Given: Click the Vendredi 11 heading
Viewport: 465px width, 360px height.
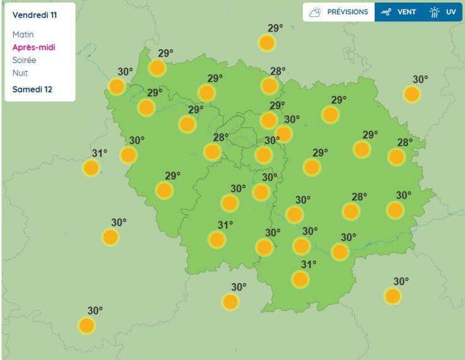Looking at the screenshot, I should point(35,15).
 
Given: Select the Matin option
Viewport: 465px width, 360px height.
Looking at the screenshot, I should point(23,35).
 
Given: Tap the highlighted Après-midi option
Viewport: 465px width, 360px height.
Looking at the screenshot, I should point(33,47).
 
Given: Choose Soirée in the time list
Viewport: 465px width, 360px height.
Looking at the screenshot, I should point(25,60).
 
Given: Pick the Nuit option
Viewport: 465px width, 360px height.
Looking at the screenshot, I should point(20,73).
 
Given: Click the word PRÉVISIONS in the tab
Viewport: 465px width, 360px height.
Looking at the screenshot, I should point(347,12).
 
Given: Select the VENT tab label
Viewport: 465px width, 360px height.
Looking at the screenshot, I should point(406,12).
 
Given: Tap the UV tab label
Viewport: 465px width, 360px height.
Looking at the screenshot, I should point(450,12).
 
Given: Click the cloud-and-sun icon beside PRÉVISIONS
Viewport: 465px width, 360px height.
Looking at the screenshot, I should point(315,12).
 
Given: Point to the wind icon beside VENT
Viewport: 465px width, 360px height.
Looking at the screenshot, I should point(386,12).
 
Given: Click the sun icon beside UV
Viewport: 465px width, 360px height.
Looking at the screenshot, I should point(434,12).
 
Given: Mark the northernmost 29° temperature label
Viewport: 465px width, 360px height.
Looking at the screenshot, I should point(275,28).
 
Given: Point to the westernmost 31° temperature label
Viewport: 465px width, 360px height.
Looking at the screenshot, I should point(100,153).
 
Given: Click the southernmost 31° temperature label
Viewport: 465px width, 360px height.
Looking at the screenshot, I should point(309,265).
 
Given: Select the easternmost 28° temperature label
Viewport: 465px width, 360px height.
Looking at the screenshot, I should point(404,142).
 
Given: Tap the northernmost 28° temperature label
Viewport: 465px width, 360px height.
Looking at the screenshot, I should point(278,71).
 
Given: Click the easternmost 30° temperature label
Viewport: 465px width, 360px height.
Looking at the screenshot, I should point(420,79).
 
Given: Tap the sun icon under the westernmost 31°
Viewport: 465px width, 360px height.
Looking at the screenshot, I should point(91,168).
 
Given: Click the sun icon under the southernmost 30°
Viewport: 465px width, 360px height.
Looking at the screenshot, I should point(86,325).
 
